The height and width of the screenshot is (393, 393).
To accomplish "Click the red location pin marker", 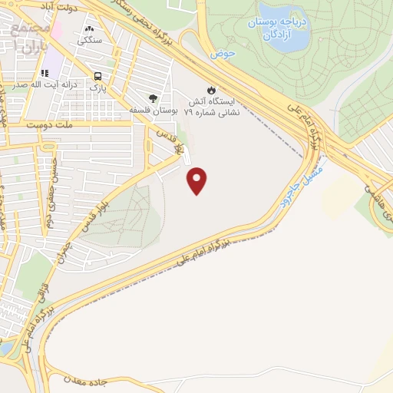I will [198, 180].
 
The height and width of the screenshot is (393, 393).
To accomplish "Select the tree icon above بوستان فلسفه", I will [153, 98].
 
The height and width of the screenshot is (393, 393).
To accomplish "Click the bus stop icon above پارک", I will [97, 76].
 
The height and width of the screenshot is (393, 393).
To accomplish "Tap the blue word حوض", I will [222, 55].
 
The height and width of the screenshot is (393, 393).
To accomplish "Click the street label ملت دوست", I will [48, 124].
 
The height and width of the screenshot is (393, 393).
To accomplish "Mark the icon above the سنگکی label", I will [89, 29].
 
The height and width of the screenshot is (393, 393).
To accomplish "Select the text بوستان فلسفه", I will [154, 111].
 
